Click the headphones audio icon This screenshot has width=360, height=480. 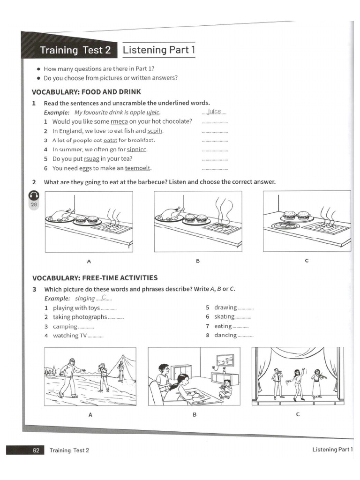[34, 195]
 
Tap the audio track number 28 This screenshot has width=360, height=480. [34, 204]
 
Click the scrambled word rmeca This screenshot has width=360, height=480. [119, 121]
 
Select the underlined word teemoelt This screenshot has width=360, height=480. [138, 168]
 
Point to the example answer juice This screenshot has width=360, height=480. [214, 112]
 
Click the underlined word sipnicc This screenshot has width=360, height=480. [137, 150]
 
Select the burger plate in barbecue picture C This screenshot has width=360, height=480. [297, 216]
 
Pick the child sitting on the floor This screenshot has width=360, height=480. [226, 389]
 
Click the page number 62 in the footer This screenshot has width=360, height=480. [36, 450]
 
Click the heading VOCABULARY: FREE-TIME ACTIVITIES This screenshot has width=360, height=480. [95, 278]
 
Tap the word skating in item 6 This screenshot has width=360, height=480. [225, 317]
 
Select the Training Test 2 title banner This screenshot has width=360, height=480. [71, 50]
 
